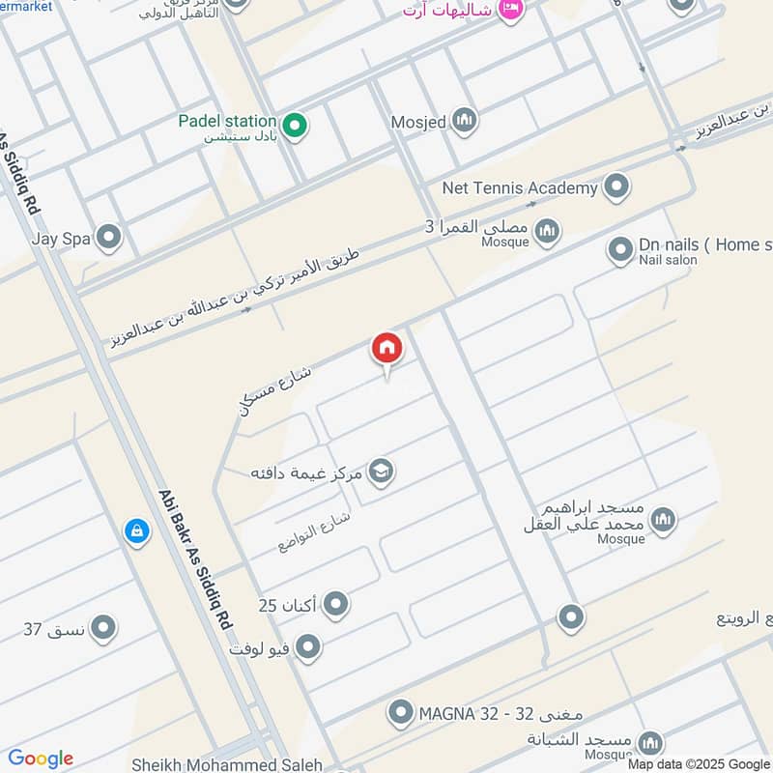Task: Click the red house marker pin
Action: (x=386, y=349)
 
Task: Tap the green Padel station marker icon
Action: (x=296, y=126)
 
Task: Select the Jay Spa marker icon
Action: (x=110, y=237)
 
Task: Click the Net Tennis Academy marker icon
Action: (x=616, y=187)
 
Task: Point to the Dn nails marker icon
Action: (x=620, y=251)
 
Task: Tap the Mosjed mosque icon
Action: (x=465, y=122)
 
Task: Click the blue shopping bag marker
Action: (x=137, y=531)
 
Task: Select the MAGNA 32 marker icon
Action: (x=400, y=714)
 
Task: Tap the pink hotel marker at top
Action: (x=511, y=10)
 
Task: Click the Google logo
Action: (x=41, y=759)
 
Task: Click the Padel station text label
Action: (x=227, y=122)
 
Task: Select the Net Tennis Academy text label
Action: (x=519, y=187)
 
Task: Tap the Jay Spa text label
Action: (x=57, y=237)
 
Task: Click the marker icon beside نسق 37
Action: (x=103, y=630)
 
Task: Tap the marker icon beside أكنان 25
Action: (x=335, y=606)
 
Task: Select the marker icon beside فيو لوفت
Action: (x=307, y=646)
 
